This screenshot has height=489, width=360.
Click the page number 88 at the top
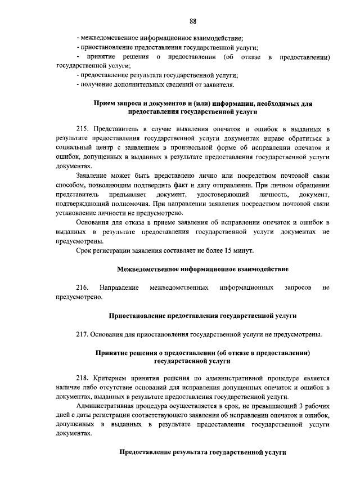[192, 21]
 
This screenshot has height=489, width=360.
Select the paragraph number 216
[83, 288]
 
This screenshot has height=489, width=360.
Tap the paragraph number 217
[83, 334]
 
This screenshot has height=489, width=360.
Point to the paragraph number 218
[83, 378]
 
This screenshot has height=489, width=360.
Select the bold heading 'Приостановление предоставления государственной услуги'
[202, 316]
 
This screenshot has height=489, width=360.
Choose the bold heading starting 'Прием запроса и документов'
[202, 104]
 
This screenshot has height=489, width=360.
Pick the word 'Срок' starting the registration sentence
[84, 250]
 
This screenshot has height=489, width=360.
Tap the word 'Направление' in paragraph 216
[119, 288]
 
